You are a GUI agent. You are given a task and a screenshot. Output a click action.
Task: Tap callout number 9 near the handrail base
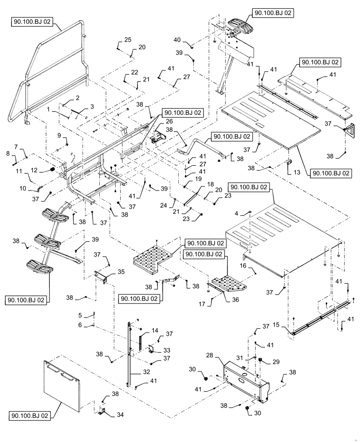(58, 135)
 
